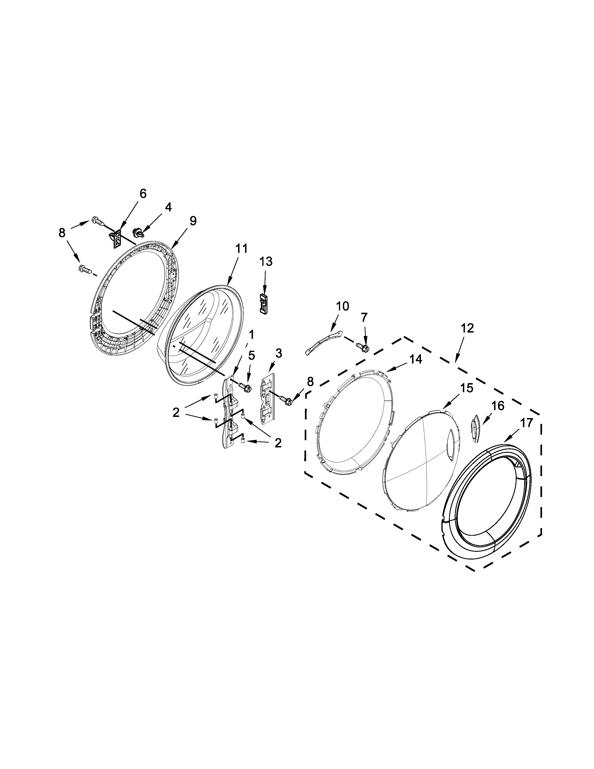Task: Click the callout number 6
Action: click(x=143, y=194)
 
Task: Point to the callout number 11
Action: click(x=241, y=249)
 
